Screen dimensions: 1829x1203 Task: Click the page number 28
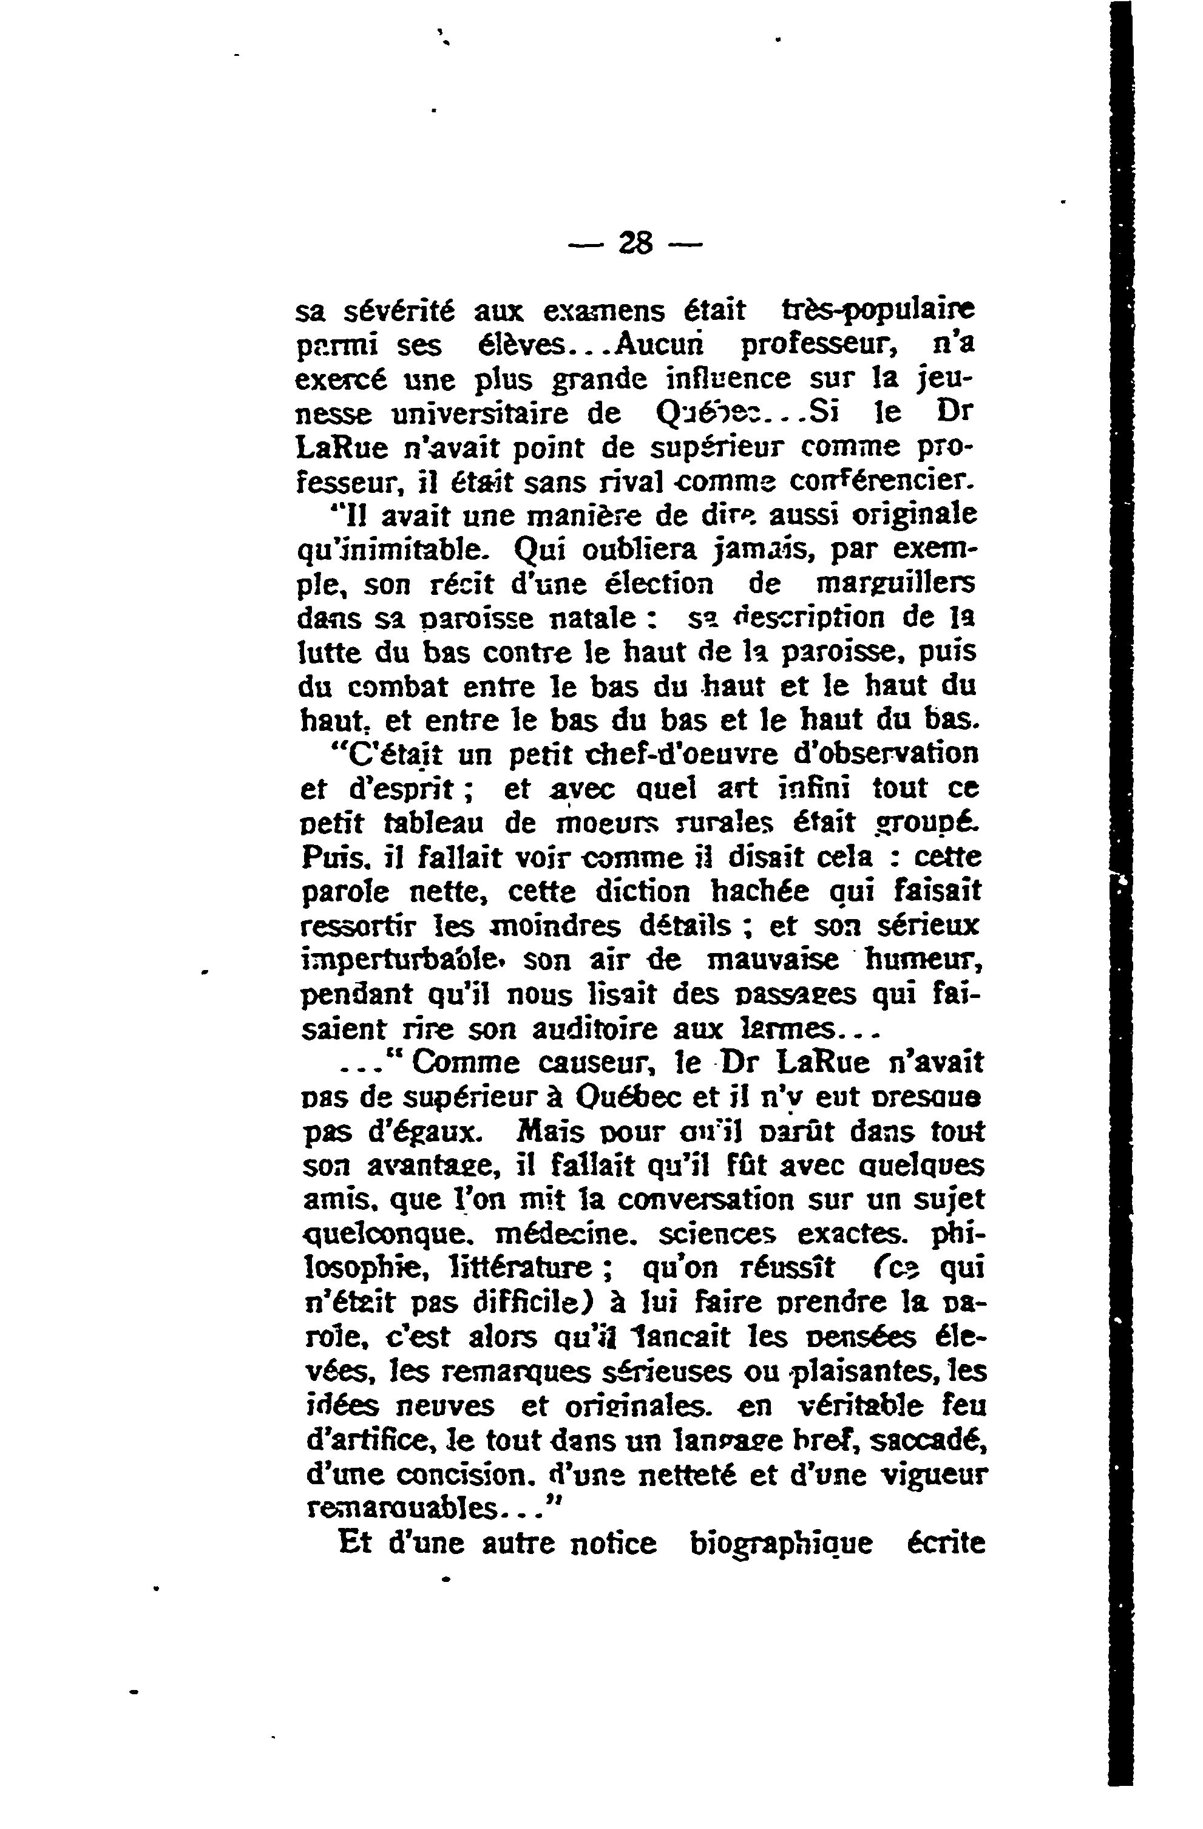click(x=635, y=245)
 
